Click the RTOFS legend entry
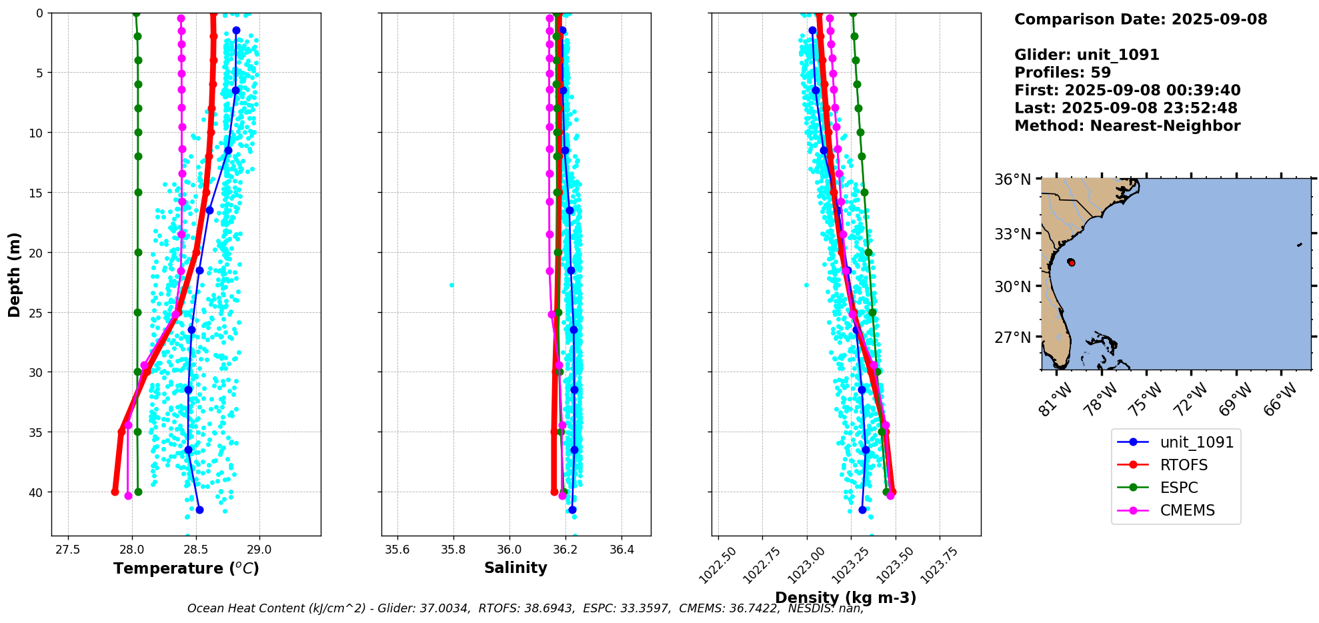(x=1184, y=465)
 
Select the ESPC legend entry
(x=1179, y=488)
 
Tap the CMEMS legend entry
(x=1187, y=510)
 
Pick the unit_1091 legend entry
(x=1196, y=442)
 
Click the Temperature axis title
(x=186, y=568)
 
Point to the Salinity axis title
(x=515, y=568)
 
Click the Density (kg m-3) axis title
(x=846, y=598)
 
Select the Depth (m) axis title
(x=15, y=274)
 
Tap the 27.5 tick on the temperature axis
(x=67, y=550)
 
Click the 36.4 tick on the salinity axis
(x=621, y=550)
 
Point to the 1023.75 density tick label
(x=940, y=565)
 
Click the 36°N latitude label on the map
(x=1013, y=179)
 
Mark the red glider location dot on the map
(x=1071, y=262)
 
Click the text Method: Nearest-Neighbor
(x=1127, y=126)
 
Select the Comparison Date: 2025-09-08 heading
(x=1140, y=19)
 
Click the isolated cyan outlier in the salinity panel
(x=451, y=285)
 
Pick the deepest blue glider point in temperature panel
(x=199, y=510)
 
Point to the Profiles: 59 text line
(x=1062, y=73)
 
